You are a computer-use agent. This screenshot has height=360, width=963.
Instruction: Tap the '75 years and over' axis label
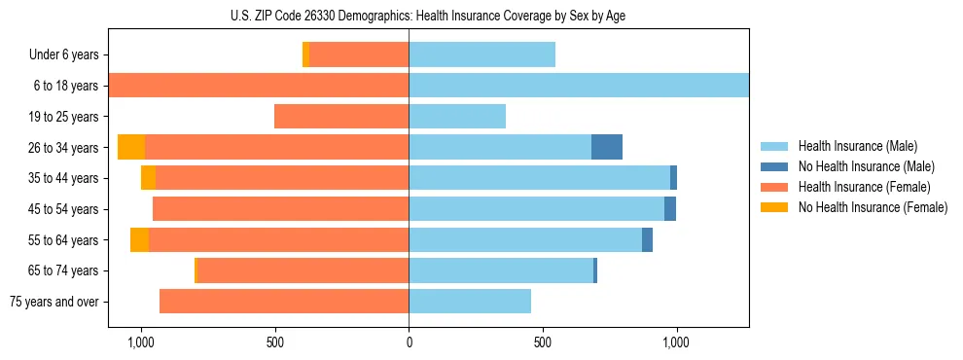[54, 302]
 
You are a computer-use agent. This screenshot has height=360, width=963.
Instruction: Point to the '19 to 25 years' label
[64, 117]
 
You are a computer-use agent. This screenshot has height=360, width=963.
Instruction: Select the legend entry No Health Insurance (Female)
[872, 207]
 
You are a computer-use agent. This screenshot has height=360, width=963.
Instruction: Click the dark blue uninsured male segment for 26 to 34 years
[607, 147]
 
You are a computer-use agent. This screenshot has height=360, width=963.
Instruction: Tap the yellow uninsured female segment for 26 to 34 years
[131, 147]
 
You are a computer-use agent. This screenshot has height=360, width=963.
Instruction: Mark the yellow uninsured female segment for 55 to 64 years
[140, 239]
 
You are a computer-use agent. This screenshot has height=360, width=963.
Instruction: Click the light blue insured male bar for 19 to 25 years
[457, 117]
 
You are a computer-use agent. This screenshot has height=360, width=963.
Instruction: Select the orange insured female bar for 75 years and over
[284, 302]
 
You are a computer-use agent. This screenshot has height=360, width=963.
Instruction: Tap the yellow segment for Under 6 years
[305, 55]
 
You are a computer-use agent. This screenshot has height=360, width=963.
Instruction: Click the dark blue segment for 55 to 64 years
[647, 239]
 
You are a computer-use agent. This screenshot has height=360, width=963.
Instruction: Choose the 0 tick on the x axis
[409, 342]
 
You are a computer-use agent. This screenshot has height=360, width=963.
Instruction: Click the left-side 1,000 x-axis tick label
[141, 342]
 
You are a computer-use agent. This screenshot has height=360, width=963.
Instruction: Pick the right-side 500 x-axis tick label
[543, 342]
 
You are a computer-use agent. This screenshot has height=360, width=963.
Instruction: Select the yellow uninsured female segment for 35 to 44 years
[148, 178]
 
